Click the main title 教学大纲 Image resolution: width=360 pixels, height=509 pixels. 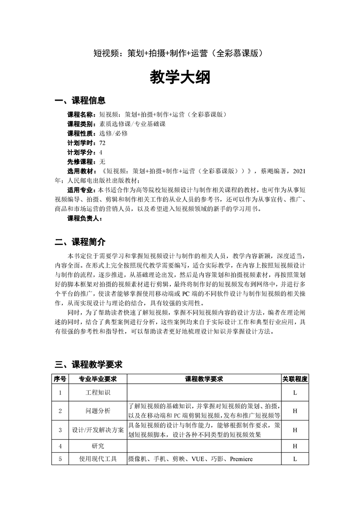pos(180,78)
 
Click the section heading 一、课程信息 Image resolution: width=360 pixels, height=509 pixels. pos(80,100)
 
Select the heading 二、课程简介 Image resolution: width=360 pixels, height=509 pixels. pos(80,241)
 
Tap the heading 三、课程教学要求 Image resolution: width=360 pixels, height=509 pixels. pos(89,364)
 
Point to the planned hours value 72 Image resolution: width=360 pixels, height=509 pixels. pos(103,142)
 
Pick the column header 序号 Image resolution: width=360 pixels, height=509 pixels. pos(60,379)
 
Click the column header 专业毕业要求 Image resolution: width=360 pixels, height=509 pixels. pos(98,379)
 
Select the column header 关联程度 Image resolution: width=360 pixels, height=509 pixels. pos(295,379)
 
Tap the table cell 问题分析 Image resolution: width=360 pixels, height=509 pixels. pos(98,411)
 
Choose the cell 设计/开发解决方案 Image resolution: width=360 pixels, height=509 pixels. pos(98,430)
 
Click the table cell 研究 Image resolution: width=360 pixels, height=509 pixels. pos(98,446)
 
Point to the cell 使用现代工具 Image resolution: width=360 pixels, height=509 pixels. pos(98,459)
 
